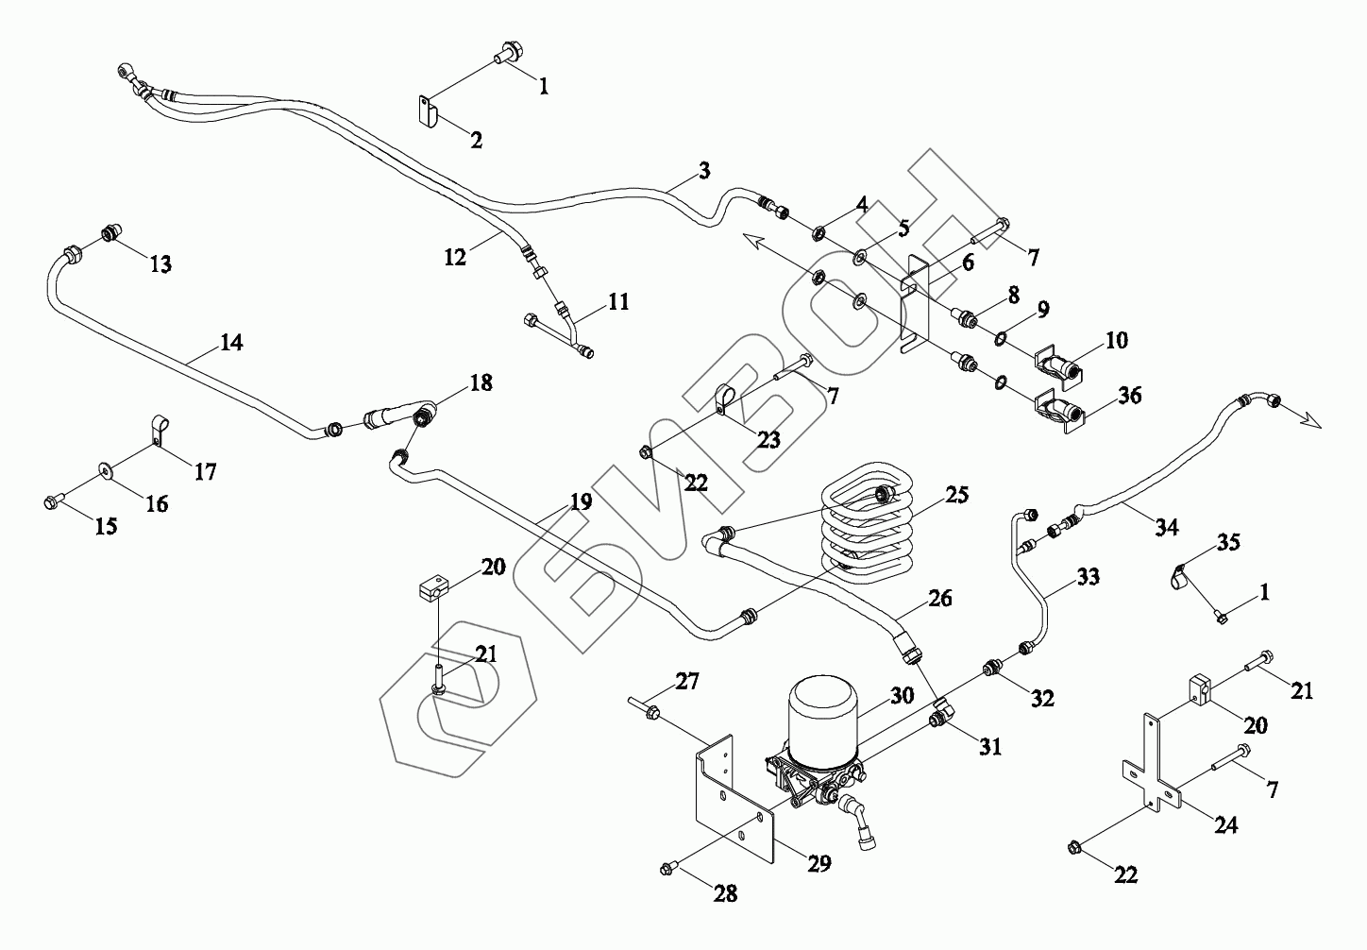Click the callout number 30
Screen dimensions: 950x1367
coord(902,695)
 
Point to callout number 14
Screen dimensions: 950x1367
coord(231,343)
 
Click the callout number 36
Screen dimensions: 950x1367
coord(1128,395)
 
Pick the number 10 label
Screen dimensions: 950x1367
coord(1116,340)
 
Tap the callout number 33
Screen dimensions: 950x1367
coord(1088,576)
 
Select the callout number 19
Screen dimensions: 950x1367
coord(581,501)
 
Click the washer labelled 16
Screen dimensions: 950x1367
coord(103,469)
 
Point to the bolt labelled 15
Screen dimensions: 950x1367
coord(53,501)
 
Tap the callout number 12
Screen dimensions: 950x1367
coord(456,256)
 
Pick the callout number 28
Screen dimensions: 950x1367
coord(725,893)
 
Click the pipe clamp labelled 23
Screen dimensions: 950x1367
coord(729,398)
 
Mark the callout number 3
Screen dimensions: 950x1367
coord(704,171)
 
